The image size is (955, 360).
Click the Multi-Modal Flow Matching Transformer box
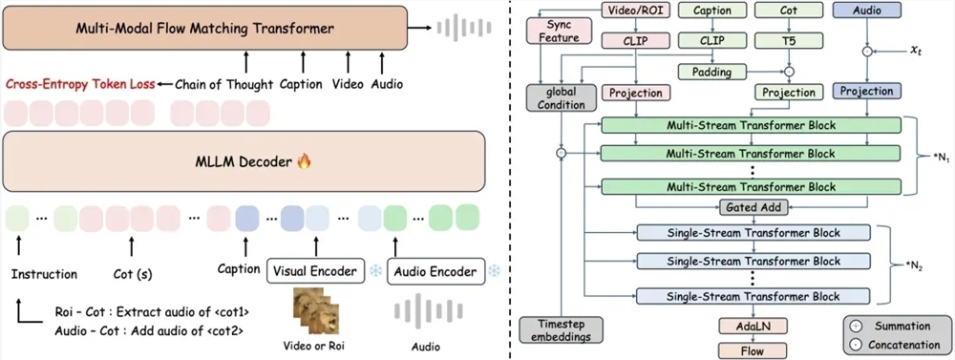205,30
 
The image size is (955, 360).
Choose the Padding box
711,72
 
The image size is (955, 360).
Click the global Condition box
561,99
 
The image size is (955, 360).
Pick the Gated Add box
753,207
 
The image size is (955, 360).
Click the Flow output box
753,350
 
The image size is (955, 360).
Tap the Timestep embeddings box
561,328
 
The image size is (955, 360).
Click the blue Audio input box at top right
866,10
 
